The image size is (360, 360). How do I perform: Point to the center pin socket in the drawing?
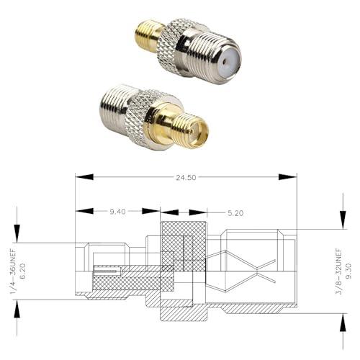[108, 272]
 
